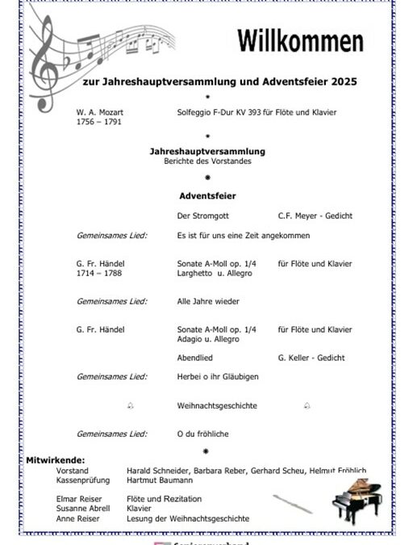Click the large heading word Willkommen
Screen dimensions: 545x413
coord(300,41)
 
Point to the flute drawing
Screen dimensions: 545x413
coord(292,504)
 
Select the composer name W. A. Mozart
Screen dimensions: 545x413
coord(100,111)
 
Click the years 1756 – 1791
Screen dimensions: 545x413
coord(98,121)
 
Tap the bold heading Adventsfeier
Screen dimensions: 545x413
coord(207,195)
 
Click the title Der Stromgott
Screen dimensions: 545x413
coord(201,216)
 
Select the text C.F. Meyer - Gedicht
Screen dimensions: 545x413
coord(315,216)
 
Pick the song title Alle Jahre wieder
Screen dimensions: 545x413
coord(208,301)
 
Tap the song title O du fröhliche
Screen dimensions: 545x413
coord(203,434)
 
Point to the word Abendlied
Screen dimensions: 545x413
coord(194,357)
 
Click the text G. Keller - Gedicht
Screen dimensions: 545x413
coord(311,357)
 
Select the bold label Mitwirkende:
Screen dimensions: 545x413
coord(56,460)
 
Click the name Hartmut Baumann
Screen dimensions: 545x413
coord(161,480)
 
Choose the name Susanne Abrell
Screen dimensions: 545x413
coord(81,509)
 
